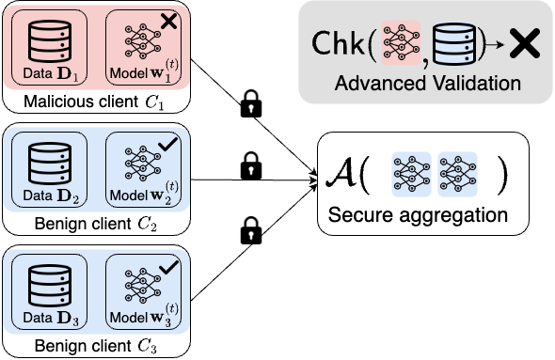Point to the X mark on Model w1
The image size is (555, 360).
point(169,20)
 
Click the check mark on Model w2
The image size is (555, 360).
point(169,144)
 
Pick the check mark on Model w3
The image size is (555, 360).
point(169,268)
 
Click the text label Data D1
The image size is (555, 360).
point(49,73)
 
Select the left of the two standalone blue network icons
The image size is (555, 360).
point(411,175)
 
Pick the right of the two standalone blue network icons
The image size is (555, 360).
point(457,175)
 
